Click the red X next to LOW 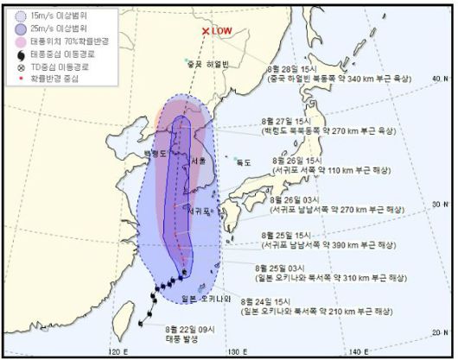click(206, 31)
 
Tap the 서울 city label click(197, 161)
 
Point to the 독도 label click(245, 161)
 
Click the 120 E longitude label click(114, 352)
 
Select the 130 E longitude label click(232, 352)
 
